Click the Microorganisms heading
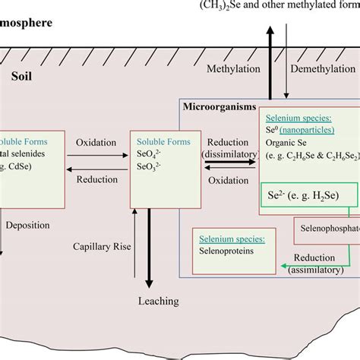(x=219, y=107)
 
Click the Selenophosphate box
(x=327, y=229)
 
